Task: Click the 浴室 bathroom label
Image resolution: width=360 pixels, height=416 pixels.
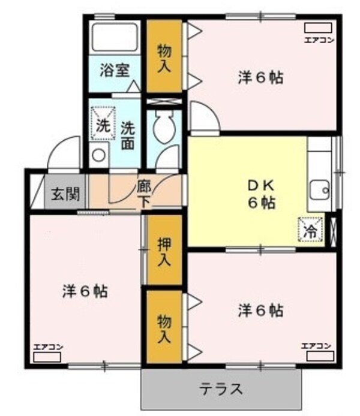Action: tap(114, 69)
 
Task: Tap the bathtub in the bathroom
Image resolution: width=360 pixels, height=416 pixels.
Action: tap(114, 38)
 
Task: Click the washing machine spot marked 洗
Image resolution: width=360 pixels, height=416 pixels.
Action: tap(101, 123)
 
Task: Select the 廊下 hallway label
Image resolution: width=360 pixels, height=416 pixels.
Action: tap(144, 193)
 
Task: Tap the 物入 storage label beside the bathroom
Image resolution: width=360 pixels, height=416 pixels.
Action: tap(164, 57)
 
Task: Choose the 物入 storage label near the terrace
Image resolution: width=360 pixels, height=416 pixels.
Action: tap(164, 327)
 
